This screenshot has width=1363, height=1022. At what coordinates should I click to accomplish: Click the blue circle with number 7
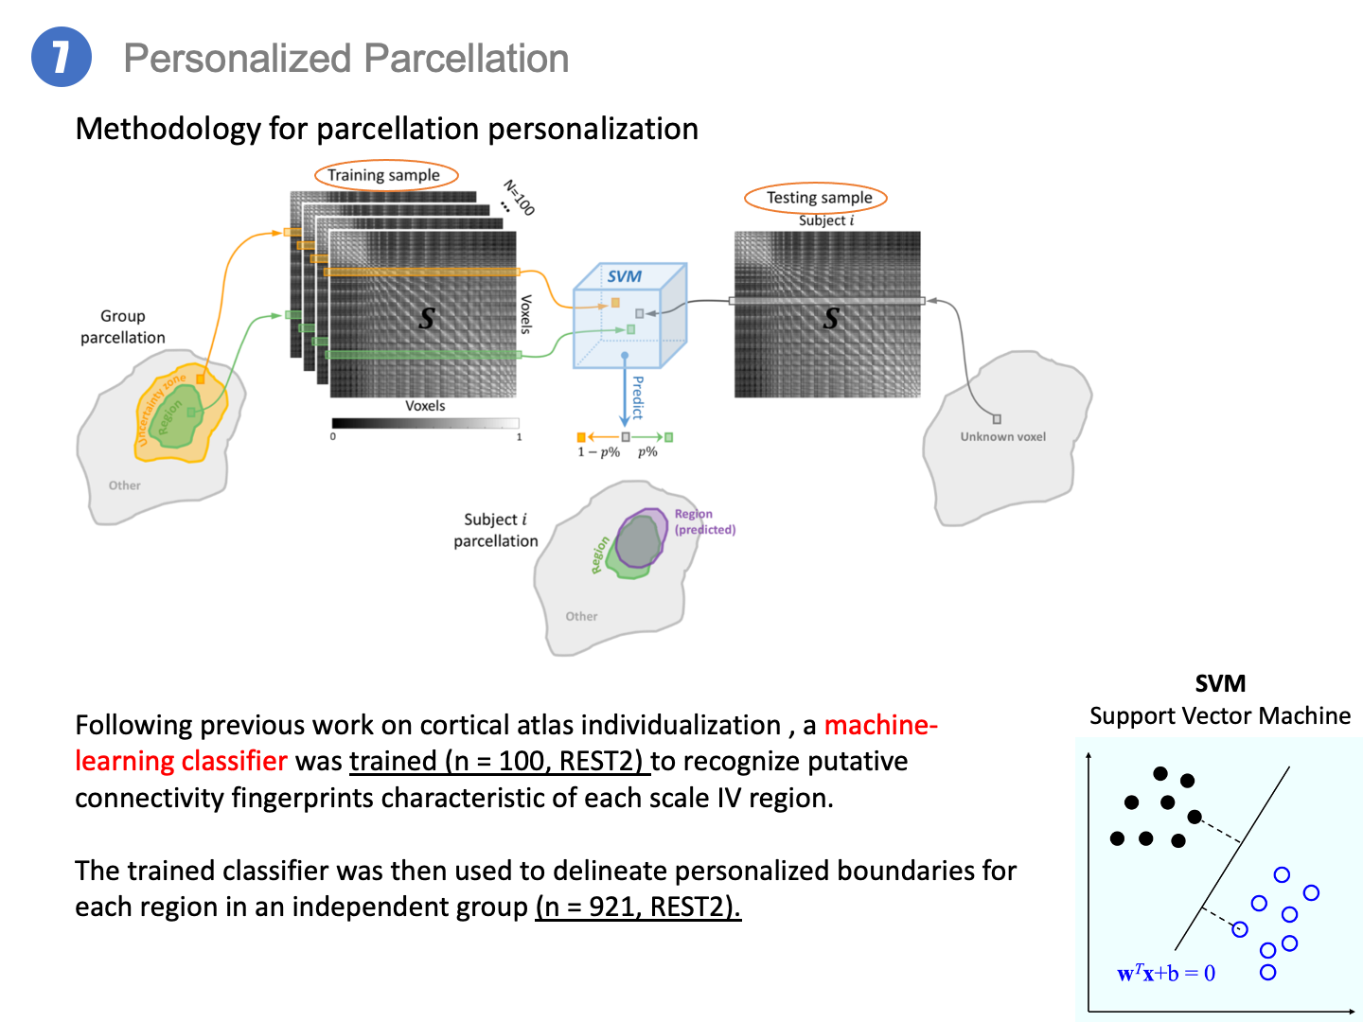point(61,57)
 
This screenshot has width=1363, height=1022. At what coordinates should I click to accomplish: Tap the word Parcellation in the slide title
point(466,59)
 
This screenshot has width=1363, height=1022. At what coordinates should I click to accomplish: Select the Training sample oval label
point(386,175)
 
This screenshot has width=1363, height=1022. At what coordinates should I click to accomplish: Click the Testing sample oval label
point(815,198)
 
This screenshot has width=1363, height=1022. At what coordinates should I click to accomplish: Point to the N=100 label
point(519,198)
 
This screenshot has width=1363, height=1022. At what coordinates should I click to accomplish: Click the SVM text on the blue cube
point(624,276)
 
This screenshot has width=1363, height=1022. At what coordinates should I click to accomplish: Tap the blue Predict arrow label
point(638,397)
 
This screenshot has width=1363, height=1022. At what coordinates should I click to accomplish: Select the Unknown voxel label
point(1002,436)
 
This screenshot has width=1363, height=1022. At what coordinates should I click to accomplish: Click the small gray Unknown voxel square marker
point(997,419)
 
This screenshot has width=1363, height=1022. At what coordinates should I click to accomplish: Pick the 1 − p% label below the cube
point(598,451)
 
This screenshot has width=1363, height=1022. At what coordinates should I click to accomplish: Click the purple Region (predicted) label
point(705,521)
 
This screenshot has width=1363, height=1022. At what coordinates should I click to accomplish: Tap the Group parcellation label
point(123,326)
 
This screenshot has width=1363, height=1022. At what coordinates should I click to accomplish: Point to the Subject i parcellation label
point(496,530)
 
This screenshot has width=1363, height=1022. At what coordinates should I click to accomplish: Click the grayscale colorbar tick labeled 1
point(519,437)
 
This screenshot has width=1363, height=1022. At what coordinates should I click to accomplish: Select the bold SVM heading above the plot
point(1219,683)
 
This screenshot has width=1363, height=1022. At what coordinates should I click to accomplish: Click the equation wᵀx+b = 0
point(1165,973)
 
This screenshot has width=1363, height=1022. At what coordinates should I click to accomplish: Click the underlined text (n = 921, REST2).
point(638,907)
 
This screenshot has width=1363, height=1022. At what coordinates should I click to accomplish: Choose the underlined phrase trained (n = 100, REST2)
point(499,761)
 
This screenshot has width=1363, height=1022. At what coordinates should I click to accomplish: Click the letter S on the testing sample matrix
point(831,318)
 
